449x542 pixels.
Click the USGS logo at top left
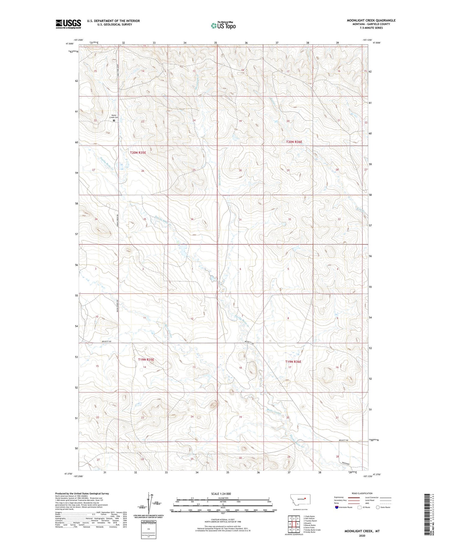pos(68,24)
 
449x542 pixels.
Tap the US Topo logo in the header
pos(222,25)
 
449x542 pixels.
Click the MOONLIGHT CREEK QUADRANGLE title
pos(371,20)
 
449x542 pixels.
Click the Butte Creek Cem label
pos(114,116)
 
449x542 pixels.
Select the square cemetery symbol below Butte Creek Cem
pos(114,120)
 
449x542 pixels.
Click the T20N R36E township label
pos(294,142)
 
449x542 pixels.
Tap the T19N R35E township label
pos(146,359)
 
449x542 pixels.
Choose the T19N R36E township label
pos(293,362)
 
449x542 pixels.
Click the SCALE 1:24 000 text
pos(221,494)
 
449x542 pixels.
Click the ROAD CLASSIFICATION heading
pos(362,493)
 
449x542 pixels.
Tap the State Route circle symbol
pos(378,507)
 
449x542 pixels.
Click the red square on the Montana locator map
pos(305,499)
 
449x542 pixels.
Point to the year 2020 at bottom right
pos(362,535)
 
